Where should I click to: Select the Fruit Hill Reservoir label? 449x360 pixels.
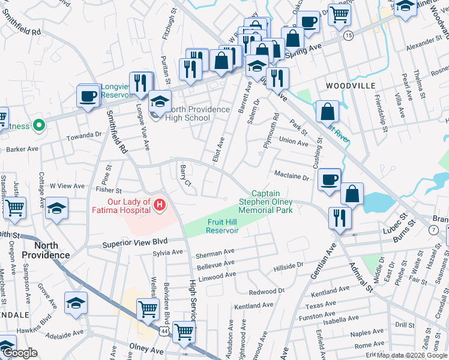[x=224, y=226]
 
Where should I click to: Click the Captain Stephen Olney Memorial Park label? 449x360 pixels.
[x=266, y=202]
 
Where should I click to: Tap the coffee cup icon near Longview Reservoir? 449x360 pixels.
[x=88, y=96]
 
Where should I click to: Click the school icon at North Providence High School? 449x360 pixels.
[x=160, y=101]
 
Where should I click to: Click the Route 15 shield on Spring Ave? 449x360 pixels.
[x=348, y=37]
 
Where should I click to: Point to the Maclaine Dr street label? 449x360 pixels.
[x=291, y=178]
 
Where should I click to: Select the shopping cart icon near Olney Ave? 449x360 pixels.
[x=184, y=331]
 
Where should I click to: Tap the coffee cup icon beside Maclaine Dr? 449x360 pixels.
[x=330, y=179]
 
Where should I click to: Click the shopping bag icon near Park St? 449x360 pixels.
[x=328, y=112]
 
